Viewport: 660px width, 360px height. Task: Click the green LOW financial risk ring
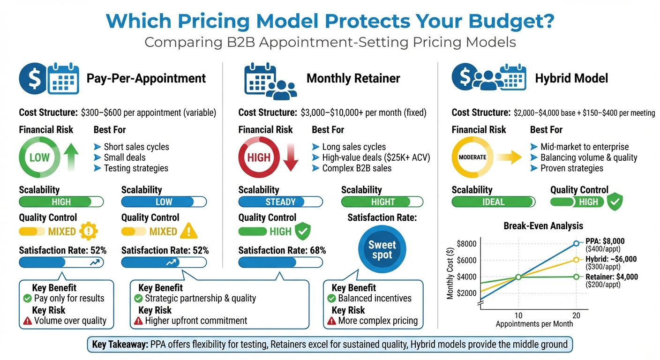coord(39,157)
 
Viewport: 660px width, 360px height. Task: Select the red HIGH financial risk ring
coord(259,157)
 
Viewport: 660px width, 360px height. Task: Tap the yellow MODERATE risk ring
coord(472,157)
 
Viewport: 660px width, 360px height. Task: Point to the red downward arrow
coord(291,157)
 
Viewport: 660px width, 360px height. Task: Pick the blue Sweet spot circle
coord(382,250)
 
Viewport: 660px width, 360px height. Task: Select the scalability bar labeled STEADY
coord(280,202)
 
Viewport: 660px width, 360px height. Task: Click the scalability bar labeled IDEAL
coord(493,202)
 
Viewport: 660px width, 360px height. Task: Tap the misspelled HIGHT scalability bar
coord(382,202)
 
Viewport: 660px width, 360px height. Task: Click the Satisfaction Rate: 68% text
coord(282,250)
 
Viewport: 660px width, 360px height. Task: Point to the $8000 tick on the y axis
coord(466,244)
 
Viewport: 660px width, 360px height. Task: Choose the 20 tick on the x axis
coord(576,315)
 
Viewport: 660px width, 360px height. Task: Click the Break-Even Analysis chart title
coord(537,226)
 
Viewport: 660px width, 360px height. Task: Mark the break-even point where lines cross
coord(518,277)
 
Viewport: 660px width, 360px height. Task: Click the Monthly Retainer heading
coord(353,78)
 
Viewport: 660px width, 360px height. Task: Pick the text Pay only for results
coord(69,298)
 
